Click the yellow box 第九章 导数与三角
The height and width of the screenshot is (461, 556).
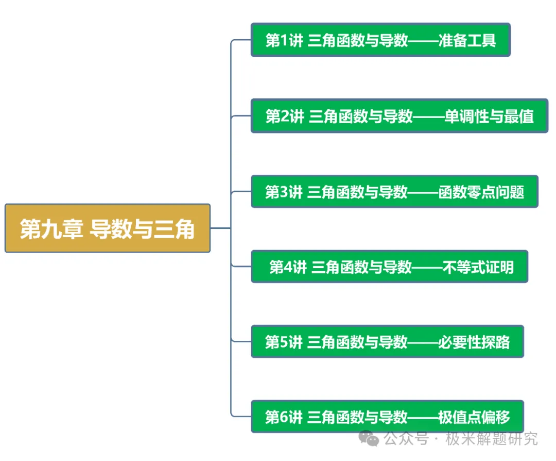[x=108, y=228]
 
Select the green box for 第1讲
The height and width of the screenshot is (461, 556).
[x=380, y=40]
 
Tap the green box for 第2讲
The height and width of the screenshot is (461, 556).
[x=399, y=116]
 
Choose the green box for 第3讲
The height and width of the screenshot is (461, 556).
[x=394, y=191]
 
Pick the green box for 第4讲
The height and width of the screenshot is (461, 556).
[x=389, y=267]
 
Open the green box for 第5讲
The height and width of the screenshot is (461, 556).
[x=387, y=341]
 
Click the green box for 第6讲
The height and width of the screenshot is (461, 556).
[x=387, y=416]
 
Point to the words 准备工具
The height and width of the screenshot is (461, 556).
[x=467, y=41]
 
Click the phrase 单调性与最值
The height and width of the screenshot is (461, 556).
[x=489, y=117]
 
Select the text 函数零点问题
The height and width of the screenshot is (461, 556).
[x=481, y=192]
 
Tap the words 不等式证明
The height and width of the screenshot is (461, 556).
[x=478, y=267]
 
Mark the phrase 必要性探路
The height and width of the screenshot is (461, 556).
[x=474, y=342]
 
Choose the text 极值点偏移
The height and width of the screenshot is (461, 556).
[x=474, y=417]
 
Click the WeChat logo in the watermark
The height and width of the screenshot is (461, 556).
[x=369, y=438]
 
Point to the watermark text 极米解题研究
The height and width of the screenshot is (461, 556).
[x=492, y=439]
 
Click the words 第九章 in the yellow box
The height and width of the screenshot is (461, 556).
[x=52, y=229]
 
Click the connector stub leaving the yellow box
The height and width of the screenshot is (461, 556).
[x=220, y=228]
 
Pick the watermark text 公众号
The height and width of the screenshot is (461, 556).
[x=406, y=439]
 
